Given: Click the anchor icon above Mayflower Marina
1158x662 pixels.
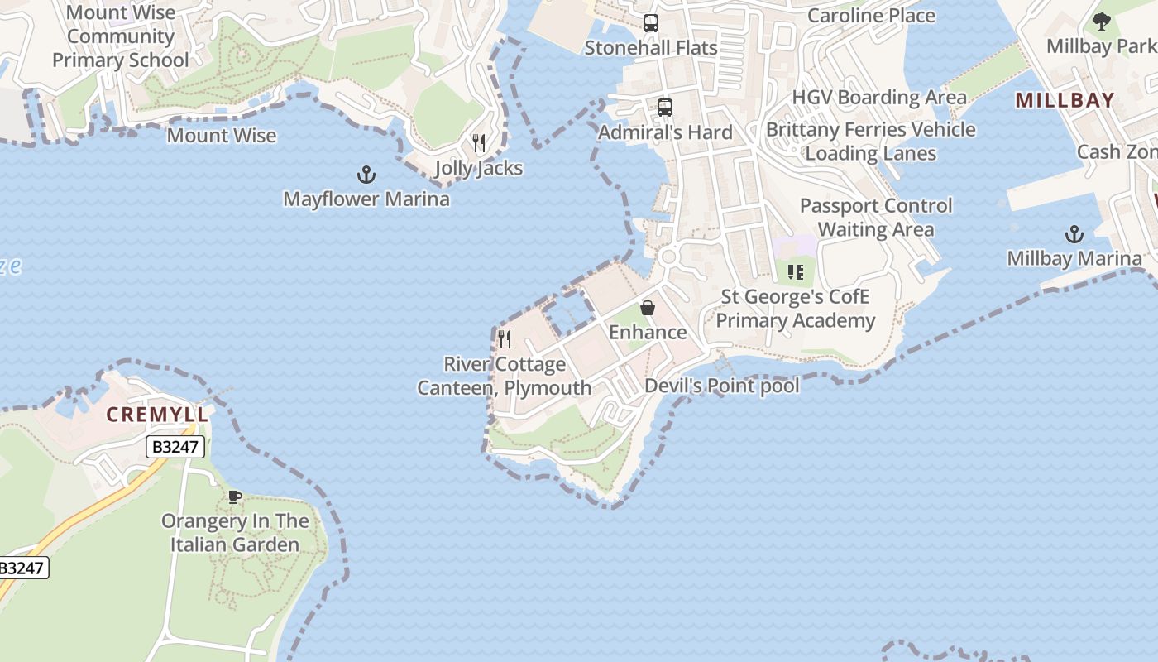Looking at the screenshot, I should tap(366, 175).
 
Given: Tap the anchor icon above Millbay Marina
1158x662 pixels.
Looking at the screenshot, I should tap(1074, 234).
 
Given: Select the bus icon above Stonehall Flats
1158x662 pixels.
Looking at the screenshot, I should tap(651, 23).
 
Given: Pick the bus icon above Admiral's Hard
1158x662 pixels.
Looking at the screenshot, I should tap(665, 108).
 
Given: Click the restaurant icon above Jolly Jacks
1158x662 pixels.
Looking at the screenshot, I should tap(479, 143).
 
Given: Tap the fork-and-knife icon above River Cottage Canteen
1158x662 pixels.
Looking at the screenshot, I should tap(505, 339).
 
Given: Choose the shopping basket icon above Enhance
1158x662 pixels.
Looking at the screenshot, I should tap(648, 308).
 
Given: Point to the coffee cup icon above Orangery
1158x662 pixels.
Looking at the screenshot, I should tap(235, 496).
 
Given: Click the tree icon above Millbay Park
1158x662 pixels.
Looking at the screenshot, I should tap(1101, 22).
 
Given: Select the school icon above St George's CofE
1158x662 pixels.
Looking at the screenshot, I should tap(796, 272).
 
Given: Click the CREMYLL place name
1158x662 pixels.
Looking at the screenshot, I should tap(157, 415).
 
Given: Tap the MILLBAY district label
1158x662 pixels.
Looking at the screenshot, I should tap(1065, 101).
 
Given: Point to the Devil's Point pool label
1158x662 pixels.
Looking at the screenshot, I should tap(722, 386).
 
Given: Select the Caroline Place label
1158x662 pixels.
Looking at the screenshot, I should tap(871, 16).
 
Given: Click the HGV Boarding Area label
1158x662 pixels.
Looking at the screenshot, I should tap(879, 98).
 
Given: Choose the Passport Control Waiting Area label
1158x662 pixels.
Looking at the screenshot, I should tap(876, 217).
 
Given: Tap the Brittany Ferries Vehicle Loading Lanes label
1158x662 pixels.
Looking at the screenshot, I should tap(871, 142).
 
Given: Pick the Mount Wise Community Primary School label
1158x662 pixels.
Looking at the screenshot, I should tap(121, 36).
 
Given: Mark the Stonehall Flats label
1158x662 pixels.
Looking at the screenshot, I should tap(651, 48).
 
